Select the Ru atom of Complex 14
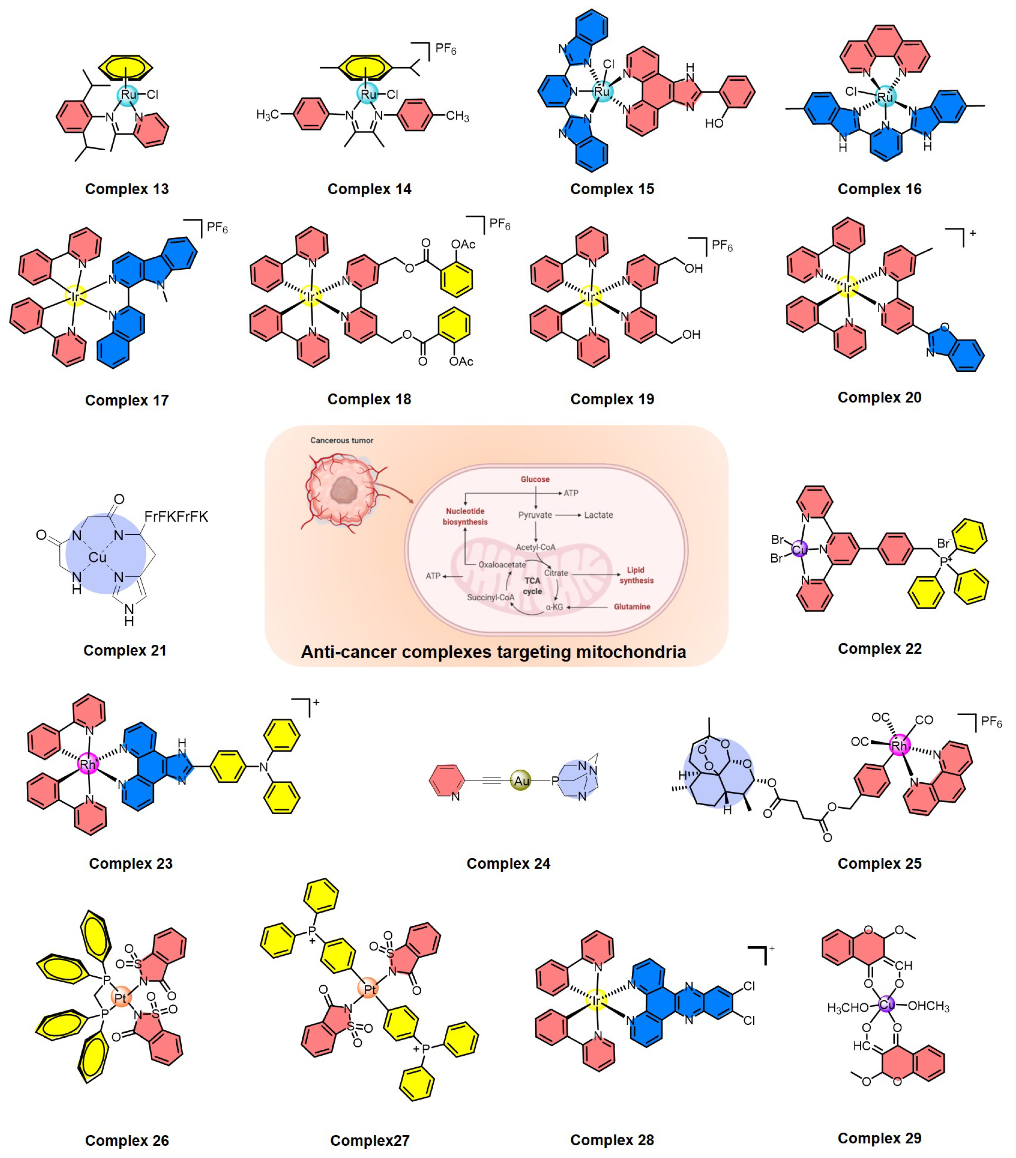(368, 94)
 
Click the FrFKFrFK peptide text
(176, 517)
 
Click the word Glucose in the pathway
(535, 479)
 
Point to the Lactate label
(598, 515)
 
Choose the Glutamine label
(631, 607)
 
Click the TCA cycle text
(532, 586)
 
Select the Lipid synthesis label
(636, 575)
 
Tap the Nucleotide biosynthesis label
(465, 516)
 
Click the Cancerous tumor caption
(342, 440)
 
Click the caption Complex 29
(879, 1138)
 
